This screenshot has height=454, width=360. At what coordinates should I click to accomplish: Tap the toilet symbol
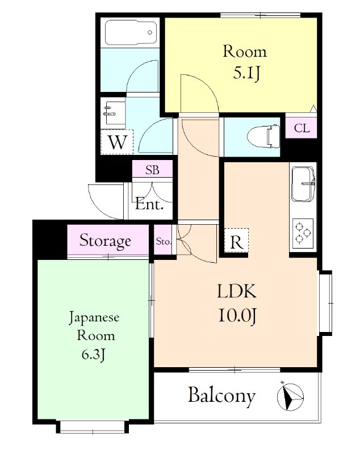point(263,136)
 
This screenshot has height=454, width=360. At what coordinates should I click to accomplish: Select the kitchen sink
point(303,184)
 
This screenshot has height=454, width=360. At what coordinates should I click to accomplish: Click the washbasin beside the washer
point(114,113)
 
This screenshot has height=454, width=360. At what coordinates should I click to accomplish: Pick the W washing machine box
point(117,142)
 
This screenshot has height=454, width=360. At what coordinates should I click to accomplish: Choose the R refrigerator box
point(236,240)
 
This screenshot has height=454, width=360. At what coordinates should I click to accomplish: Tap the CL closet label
point(302,128)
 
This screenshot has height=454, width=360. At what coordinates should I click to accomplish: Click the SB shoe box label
point(152,170)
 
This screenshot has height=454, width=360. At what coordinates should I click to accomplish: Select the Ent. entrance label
point(149,204)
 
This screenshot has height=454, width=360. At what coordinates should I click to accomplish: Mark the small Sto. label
point(164,241)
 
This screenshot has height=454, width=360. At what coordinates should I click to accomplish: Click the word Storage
point(105,241)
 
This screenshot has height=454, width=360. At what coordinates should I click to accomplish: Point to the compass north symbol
point(290,396)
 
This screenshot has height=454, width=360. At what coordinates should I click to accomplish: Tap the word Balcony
point(222,396)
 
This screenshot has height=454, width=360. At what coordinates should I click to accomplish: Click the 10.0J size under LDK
point(237,316)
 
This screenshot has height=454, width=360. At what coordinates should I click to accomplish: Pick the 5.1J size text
point(246,73)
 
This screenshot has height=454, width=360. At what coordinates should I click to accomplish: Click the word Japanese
point(94,318)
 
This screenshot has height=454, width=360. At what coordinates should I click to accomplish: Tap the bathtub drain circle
point(150,32)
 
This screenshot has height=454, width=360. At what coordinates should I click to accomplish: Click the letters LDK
point(237,291)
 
